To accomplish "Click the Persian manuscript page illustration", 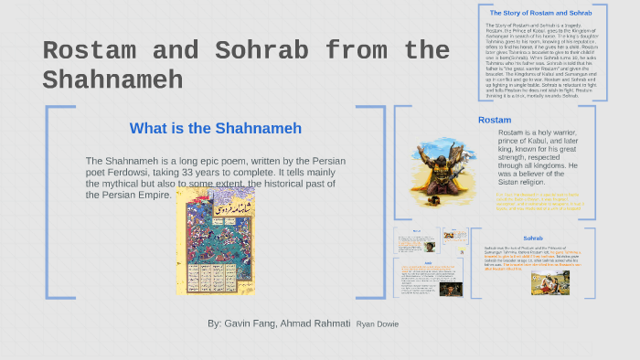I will point(216,242).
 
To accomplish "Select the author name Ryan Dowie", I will point(378,324).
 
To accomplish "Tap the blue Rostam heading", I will point(494,120).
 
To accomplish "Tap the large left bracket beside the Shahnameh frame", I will point(49,202).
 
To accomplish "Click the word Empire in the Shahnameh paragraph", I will point(151,195).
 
